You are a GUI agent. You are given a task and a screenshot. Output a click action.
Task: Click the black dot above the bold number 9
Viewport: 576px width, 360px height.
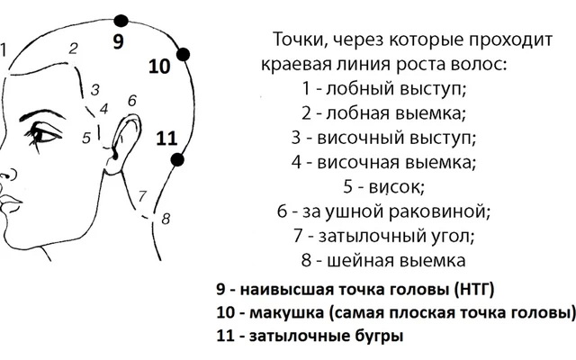[121, 21]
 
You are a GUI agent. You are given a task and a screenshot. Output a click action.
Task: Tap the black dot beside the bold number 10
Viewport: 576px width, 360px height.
[183, 54]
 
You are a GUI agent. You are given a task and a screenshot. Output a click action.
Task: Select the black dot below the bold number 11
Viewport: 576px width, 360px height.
[177, 160]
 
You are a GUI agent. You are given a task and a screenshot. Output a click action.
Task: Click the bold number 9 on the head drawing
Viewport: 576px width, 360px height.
[118, 41]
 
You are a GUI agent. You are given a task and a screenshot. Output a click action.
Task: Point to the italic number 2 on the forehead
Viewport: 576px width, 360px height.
[74, 49]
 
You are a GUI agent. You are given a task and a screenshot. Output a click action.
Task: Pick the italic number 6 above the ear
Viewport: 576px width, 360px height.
[132, 100]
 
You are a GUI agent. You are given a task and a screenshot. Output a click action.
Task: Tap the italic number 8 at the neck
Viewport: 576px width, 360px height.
[166, 219]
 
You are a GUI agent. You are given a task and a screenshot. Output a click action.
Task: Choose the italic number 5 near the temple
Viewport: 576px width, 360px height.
[86, 138]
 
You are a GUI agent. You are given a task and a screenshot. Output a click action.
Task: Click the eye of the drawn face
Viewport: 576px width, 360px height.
[43, 134]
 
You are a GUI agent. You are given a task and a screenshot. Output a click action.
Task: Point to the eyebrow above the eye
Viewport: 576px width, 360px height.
[41, 114]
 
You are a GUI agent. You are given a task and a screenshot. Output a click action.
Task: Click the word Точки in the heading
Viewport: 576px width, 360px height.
[298, 40]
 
